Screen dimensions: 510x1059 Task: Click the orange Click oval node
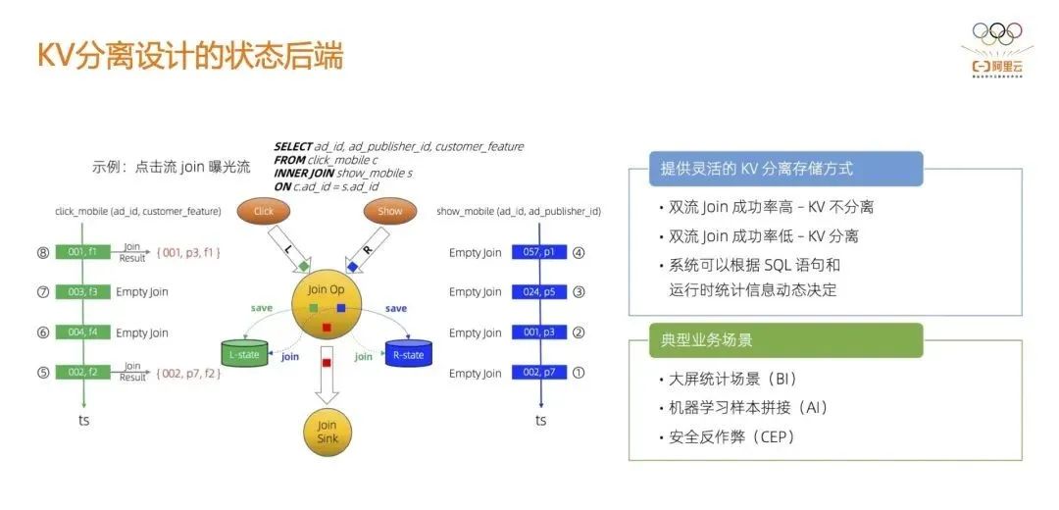264,211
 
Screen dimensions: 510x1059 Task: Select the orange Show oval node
390,211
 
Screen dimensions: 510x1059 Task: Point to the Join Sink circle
328,432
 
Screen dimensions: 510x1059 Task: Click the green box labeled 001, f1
82,252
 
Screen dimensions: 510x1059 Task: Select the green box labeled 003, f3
82,291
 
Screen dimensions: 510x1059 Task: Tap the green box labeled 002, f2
82,373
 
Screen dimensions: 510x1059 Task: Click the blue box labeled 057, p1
539,252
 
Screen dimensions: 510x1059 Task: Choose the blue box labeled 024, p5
539,291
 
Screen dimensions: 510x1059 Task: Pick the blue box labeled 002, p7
539,373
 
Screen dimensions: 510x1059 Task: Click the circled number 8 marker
42,252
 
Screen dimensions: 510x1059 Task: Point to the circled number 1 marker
579,373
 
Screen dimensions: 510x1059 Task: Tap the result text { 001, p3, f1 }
188,252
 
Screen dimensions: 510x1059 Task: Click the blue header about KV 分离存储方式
785,169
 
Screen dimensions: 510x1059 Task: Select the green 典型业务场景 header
785,340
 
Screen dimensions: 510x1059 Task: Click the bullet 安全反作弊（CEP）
731,437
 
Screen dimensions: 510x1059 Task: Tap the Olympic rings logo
997,33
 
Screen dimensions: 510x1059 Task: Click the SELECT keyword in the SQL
292,146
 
